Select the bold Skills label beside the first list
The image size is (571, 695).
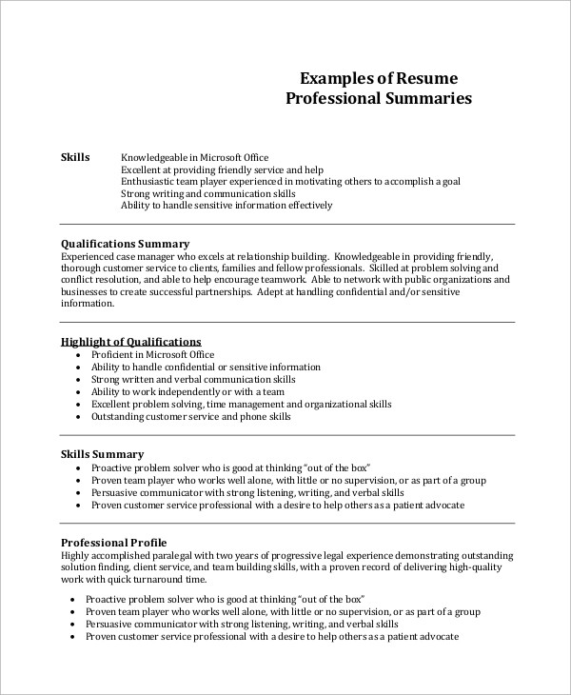click(x=75, y=157)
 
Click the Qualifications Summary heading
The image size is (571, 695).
click(x=125, y=243)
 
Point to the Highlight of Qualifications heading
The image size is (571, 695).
click(x=130, y=341)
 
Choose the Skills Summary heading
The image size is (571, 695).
click(x=102, y=454)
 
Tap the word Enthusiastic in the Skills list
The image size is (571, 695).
click(x=149, y=180)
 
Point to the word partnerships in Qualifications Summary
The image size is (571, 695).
click(x=222, y=292)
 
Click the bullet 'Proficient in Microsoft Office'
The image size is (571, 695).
click(x=152, y=354)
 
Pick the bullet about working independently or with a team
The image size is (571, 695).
click(x=174, y=391)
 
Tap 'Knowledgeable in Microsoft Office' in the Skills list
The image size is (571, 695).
click(x=194, y=157)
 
